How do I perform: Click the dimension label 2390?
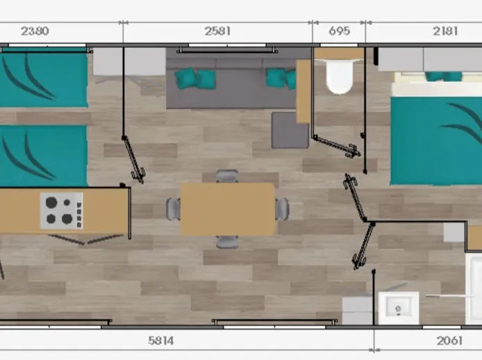(35, 31)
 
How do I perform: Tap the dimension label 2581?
(217, 31)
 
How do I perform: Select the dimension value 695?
(339, 31)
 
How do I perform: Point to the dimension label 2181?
(445, 31)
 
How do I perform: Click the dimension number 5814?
(160, 341)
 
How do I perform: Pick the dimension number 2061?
(449, 341)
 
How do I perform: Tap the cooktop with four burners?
(62, 211)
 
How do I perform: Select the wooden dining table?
(228, 209)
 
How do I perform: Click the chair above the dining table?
(227, 176)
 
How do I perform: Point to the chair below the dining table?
(227, 242)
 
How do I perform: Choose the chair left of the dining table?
(174, 209)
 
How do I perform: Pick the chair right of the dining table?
(282, 209)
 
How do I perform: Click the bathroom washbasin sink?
(399, 308)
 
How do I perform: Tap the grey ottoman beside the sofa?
(290, 130)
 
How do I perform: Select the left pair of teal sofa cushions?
(195, 79)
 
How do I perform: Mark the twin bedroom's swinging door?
(134, 159)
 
